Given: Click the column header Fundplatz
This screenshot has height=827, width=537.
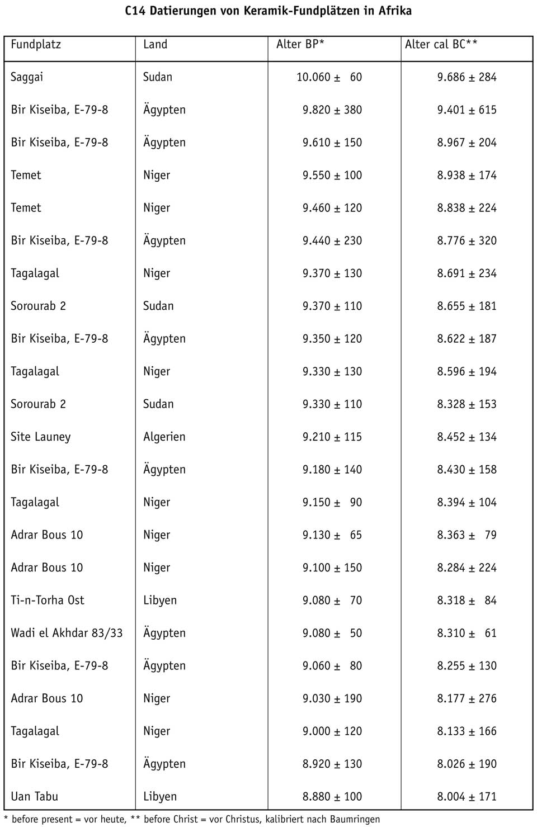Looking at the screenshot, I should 36,45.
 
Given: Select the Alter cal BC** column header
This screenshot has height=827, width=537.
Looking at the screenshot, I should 441,45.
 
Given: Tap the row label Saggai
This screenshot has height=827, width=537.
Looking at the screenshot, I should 27,77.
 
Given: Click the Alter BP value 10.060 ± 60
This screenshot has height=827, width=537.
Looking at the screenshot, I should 329,77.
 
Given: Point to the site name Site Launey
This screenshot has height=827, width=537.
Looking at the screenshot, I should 41,437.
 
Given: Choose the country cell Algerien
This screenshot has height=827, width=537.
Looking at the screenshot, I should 164,437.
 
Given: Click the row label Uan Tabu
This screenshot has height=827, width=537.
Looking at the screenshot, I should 35,796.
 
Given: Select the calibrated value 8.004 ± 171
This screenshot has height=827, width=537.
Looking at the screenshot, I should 467,796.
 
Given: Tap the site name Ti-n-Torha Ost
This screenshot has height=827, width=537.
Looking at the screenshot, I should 48,600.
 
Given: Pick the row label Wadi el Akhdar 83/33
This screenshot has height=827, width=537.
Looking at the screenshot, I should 67,633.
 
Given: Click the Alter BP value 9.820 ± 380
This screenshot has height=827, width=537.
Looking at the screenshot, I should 332,110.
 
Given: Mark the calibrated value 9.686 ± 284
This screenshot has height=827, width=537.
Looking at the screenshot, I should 467,77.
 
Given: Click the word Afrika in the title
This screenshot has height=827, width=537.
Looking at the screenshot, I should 395,11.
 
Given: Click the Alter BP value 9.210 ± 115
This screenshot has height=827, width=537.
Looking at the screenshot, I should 332,437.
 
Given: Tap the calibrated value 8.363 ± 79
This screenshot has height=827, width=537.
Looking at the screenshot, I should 467,535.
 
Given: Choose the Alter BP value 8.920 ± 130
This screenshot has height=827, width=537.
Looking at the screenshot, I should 332,764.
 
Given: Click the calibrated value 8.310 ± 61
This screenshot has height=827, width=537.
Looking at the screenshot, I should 467,633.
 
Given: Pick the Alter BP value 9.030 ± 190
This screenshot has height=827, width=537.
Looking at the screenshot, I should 332,698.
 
